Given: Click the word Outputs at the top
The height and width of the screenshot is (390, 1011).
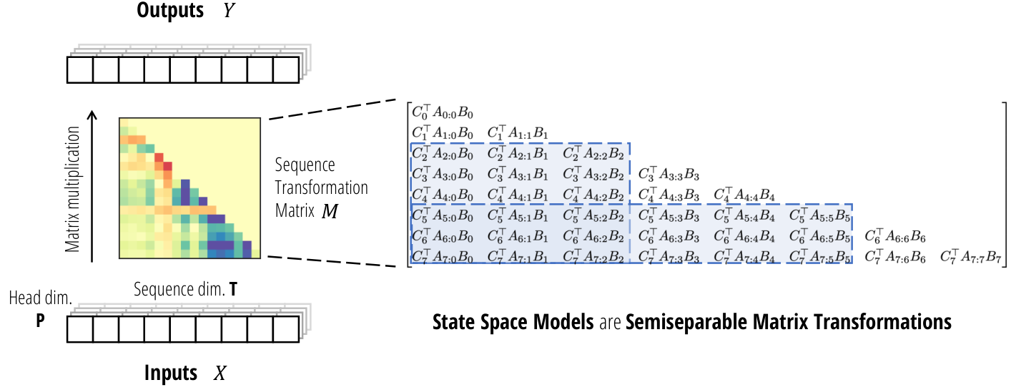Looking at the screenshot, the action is coord(170,11).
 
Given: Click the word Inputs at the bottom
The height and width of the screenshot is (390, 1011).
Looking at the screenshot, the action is coord(171,374).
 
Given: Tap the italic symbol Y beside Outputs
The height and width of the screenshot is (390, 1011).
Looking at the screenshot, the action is coord(229,11).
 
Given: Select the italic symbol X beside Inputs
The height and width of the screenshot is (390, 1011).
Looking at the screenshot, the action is coord(220,374).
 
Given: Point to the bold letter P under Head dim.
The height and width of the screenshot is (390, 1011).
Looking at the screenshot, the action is coord(40,321).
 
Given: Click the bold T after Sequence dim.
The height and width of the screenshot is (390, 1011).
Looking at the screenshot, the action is coord(233,289).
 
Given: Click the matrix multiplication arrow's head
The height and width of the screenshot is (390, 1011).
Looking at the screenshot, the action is coord(92,114).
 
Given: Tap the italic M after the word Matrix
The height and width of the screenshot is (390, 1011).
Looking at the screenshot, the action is coord(330,211).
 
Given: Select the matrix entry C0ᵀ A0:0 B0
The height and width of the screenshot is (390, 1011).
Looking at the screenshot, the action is coord(443,112).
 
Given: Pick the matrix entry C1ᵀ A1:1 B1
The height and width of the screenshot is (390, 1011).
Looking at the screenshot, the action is coord(518,133).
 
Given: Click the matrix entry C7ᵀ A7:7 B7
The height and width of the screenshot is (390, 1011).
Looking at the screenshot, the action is coord(970,257).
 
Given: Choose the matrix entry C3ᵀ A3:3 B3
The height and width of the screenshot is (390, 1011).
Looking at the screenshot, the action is coord(669,175).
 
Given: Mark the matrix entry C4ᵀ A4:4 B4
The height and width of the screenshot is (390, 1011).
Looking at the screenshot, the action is coord(744,195).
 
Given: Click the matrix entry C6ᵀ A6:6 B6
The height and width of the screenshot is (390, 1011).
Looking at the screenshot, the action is coord(895,236).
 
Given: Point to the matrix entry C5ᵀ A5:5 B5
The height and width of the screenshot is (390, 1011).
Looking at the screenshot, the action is coord(819,215).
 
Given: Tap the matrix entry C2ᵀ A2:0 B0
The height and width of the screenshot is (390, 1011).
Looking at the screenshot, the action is coord(443,154).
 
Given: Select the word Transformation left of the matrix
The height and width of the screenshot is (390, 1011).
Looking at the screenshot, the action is coord(321,187).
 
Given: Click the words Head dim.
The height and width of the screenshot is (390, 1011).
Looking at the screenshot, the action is coord(41,298).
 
